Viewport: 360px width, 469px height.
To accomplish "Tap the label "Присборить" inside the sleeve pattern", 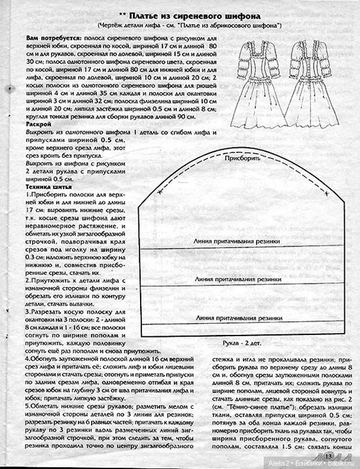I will point(244,159).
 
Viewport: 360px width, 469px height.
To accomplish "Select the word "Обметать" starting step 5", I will point(48,406).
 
